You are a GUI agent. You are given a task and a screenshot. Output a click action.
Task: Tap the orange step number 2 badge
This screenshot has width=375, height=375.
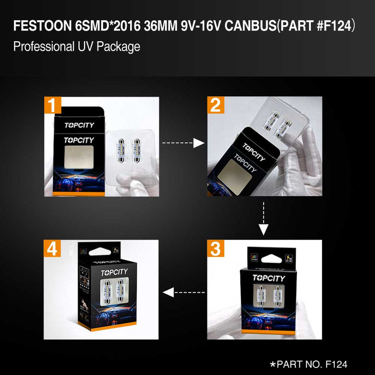point(216,106)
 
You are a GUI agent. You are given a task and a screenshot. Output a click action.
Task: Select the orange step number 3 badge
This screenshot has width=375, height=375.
point(216,249)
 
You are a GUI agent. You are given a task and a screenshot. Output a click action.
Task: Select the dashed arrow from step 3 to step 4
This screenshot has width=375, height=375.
point(184,292)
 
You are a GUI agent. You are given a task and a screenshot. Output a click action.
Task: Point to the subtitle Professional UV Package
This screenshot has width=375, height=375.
point(76,47)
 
